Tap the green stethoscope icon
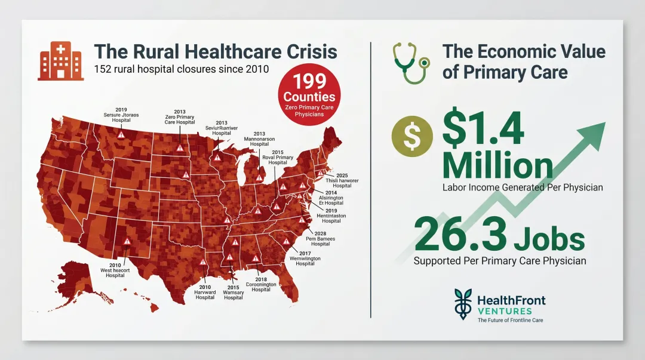411,62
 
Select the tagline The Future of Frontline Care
510,320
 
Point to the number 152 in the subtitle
105,69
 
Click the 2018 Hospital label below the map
261,285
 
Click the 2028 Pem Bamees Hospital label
320,238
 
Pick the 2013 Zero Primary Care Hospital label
179,117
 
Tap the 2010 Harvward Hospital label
205,292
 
